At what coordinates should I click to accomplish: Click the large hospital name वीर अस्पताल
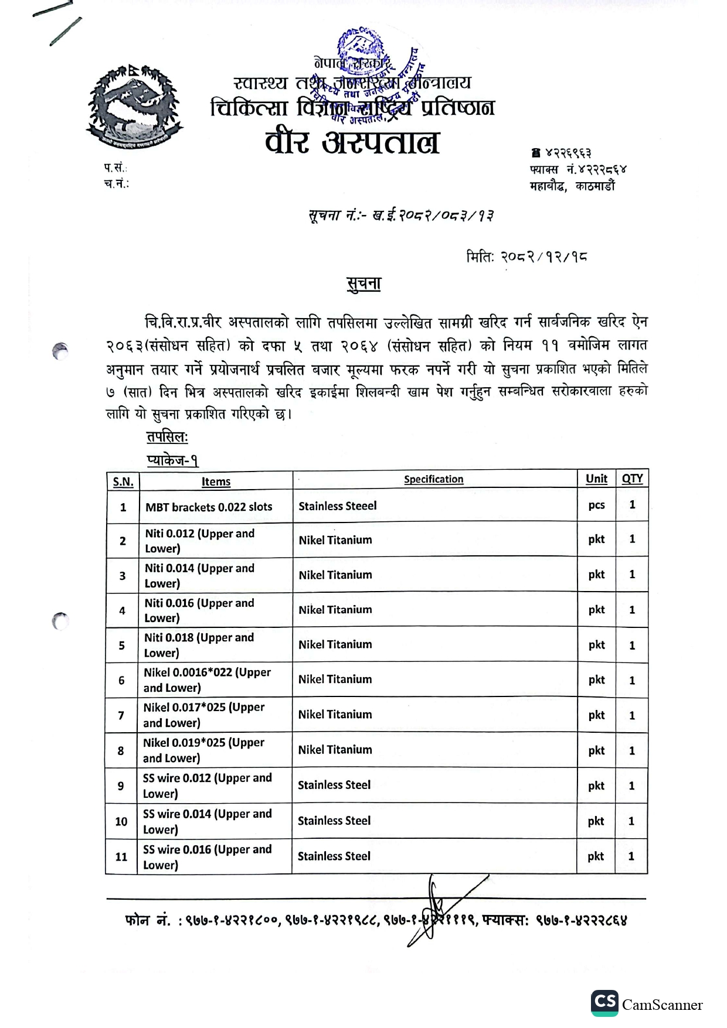[x=352, y=142]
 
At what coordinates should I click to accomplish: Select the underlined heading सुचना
[x=363, y=284]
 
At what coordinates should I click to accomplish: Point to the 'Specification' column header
[x=433, y=479]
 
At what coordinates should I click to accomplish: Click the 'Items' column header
[x=216, y=481]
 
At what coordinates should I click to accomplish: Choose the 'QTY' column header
[x=632, y=479]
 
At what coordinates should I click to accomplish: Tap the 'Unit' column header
[x=596, y=479]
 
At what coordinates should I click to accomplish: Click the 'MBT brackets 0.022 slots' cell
[x=209, y=507]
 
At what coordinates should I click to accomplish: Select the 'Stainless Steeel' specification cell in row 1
[x=338, y=506]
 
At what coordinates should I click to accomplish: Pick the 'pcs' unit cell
[x=596, y=505]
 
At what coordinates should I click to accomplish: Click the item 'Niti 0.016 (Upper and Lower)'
[x=199, y=610]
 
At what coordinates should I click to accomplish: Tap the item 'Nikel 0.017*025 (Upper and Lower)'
[x=203, y=715]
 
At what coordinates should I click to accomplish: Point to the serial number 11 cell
[x=121, y=856]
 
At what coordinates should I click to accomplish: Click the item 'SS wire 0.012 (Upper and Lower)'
[x=207, y=785]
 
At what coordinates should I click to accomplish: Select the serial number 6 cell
[x=121, y=680]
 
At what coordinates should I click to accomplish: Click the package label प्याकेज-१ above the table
[x=173, y=460]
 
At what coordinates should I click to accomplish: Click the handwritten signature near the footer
[x=437, y=908]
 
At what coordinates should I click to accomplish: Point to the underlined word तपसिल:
[x=167, y=437]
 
